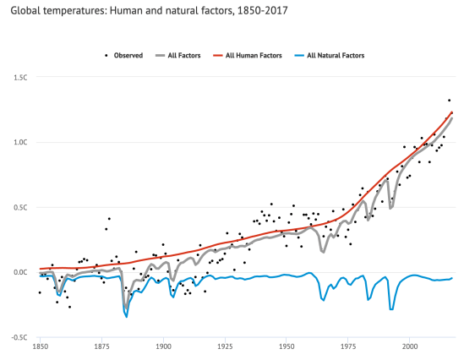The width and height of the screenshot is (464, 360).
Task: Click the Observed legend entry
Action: [x=123, y=55]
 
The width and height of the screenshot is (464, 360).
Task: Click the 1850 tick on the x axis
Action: [x=40, y=347]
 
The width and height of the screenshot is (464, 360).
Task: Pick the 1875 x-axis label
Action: [x=101, y=347]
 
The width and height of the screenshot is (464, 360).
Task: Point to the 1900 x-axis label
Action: [x=163, y=347]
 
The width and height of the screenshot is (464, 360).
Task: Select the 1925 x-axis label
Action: [x=225, y=347]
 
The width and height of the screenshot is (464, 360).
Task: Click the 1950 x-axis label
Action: [x=287, y=347]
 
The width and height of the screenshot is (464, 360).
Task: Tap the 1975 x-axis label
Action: [x=348, y=347]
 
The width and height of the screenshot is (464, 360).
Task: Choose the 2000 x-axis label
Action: [x=410, y=347]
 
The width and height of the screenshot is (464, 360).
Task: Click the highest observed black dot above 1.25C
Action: [x=449, y=100]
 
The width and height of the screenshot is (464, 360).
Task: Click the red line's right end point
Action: [x=452, y=112]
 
